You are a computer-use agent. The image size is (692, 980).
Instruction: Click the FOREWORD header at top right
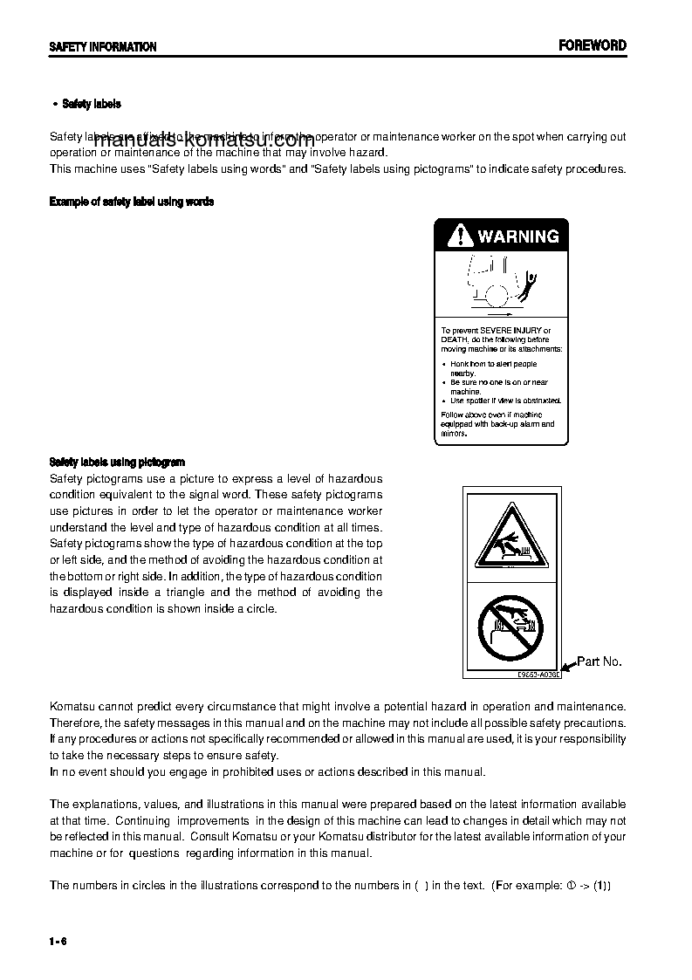(x=593, y=45)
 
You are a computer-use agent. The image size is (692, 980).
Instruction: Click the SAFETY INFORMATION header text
(x=103, y=47)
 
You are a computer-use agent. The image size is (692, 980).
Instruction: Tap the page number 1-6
(x=58, y=941)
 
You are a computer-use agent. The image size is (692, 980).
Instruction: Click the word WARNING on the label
(x=518, y=236)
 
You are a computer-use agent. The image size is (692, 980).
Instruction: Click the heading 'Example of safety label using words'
(x=132, y=202)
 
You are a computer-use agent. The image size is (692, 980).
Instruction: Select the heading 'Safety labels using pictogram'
(x=117, y=462)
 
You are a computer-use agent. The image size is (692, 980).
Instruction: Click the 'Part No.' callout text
(x=600, y=661)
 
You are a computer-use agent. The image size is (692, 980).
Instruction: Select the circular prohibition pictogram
(x=510, y=627)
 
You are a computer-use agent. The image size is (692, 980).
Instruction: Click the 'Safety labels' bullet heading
(x=92, y=104)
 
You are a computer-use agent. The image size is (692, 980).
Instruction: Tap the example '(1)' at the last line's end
(x=603, y=885)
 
